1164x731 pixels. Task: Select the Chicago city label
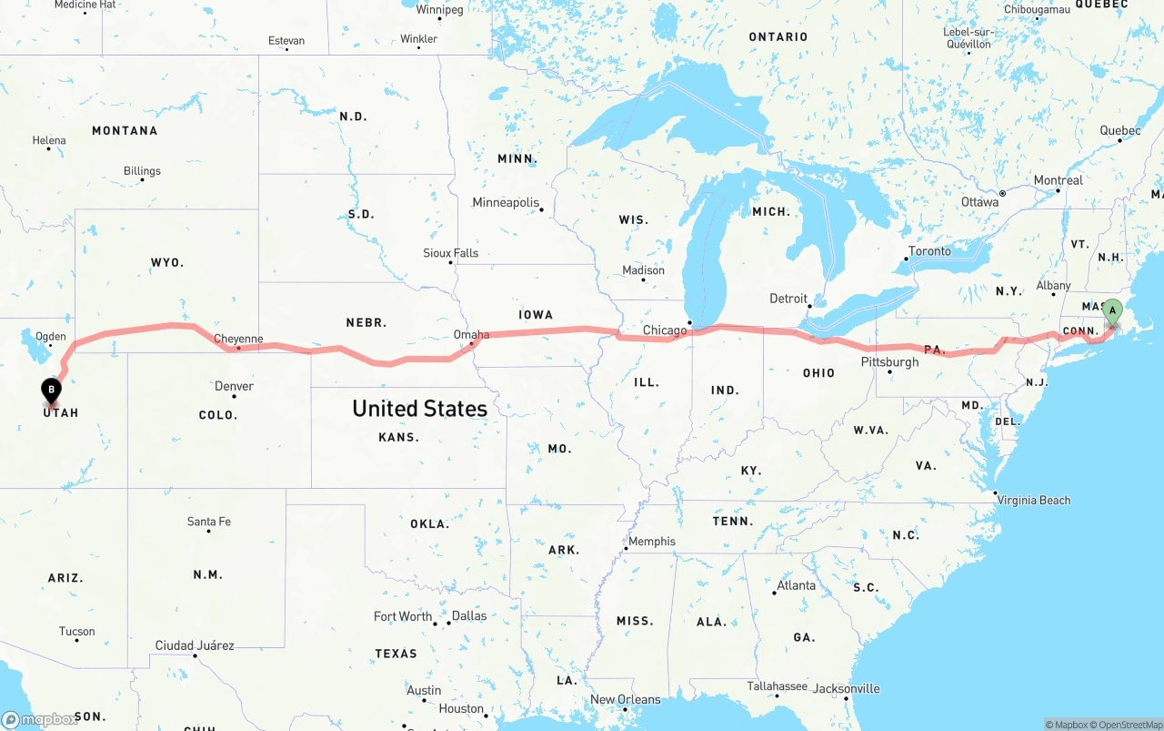[665, 330]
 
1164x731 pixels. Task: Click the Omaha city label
[471, 335]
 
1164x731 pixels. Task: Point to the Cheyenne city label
[238, 340]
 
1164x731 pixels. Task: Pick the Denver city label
[234, 386]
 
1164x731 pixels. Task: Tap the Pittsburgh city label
[889, 362]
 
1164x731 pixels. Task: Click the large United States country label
[419, 409]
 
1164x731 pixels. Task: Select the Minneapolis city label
[506, 203]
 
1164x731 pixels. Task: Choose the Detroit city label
[788, 299]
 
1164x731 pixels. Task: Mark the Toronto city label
[929, 251]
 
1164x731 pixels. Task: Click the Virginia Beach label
[1034, 500]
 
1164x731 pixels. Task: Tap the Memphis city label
[652, 541]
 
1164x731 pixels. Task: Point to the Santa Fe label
[209, 522]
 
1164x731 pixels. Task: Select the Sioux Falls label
[450, 253]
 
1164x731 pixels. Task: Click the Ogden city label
[51, 337]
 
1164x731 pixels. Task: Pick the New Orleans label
[626, 699]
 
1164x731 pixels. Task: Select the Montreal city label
[1058, 180]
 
